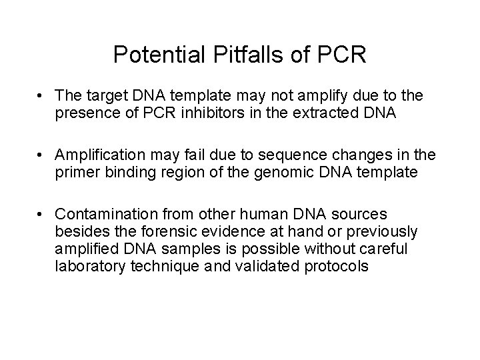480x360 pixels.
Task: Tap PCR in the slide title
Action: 342,55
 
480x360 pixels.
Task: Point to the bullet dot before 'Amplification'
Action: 42,155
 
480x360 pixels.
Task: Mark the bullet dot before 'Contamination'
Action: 42,214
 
